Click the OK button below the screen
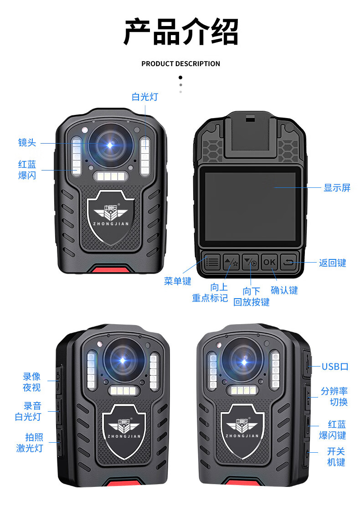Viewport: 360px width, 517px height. pos(269,262)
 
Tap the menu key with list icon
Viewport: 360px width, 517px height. pos(212,262)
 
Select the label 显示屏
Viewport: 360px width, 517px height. pos(337,187)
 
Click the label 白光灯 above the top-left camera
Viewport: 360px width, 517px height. pos(145,97)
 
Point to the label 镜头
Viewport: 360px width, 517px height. pos(27,143)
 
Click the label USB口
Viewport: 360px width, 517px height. pos(335,367)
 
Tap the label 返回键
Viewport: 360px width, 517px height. pos(332,263)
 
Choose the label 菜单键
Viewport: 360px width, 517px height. pos(178,281)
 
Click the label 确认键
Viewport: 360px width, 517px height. pos(284,290)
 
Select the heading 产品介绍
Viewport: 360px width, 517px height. pos(180,32)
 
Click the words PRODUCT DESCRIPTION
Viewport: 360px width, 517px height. pos(180,64)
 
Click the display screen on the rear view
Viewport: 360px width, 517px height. pos(250,206)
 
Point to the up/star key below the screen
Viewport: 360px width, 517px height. pos(231,262)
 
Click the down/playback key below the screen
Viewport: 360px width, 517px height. pos(251,262)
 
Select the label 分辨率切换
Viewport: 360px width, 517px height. pos(334,396)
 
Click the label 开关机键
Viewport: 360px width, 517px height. pos(336,457)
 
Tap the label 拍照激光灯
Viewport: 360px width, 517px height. pos(30,442)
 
